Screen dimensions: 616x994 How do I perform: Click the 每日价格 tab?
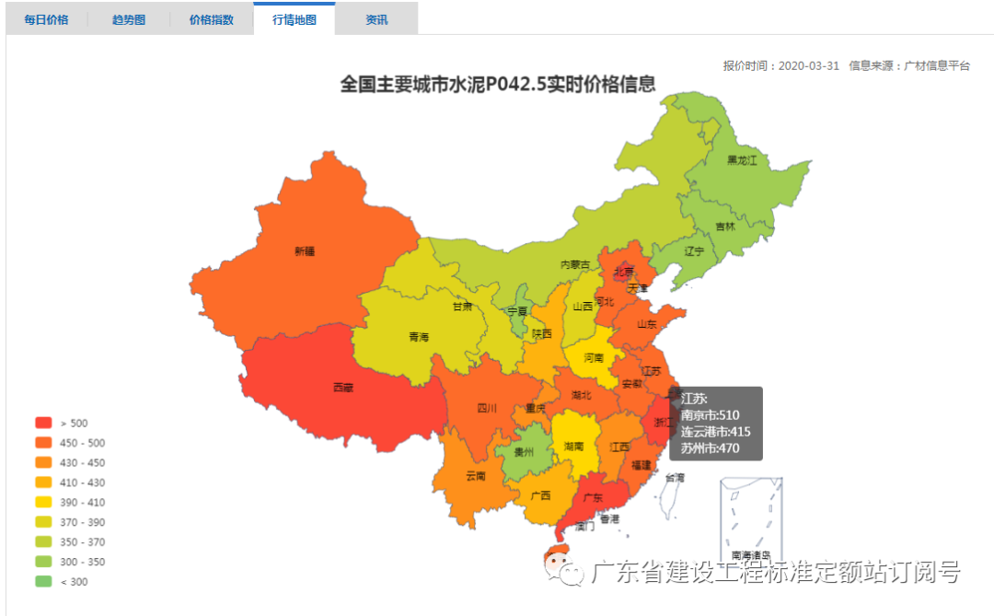(x=46, y=19)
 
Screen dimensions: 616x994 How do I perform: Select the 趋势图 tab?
(x=129, y=19)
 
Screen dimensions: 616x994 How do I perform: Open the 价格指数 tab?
(x=212, y=19)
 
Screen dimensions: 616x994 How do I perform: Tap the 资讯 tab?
(x=376, y=19)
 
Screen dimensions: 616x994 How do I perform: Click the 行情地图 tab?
(x=295, y=19)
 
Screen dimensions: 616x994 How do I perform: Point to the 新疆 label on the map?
(x=305, y=250)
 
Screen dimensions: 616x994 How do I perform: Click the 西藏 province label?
(x=342, y=388)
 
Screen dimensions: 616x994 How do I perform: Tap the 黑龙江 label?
(x=741, y=160)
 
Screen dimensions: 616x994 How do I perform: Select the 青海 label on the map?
(x=419, y=337)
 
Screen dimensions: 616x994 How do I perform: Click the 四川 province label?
(x=487, y=408)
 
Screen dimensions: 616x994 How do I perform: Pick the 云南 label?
(x=475, y=476)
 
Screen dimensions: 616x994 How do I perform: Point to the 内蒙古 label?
(x=575, y=264)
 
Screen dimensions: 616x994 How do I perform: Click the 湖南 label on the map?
(x=574, y=446)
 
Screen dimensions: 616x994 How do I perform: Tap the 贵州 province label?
(x=524, y=452)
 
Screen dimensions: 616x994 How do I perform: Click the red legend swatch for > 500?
(x=43, y=423)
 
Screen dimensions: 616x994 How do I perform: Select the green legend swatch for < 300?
(x=43, y=582)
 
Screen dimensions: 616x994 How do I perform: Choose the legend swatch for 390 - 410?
(x=43, y=503)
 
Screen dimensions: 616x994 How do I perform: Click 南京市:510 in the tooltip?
(x=711, y=415)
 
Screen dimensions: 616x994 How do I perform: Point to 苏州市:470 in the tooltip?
(x=711, y=448)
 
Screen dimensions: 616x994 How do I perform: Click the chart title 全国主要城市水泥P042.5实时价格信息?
(x=498, y=84)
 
